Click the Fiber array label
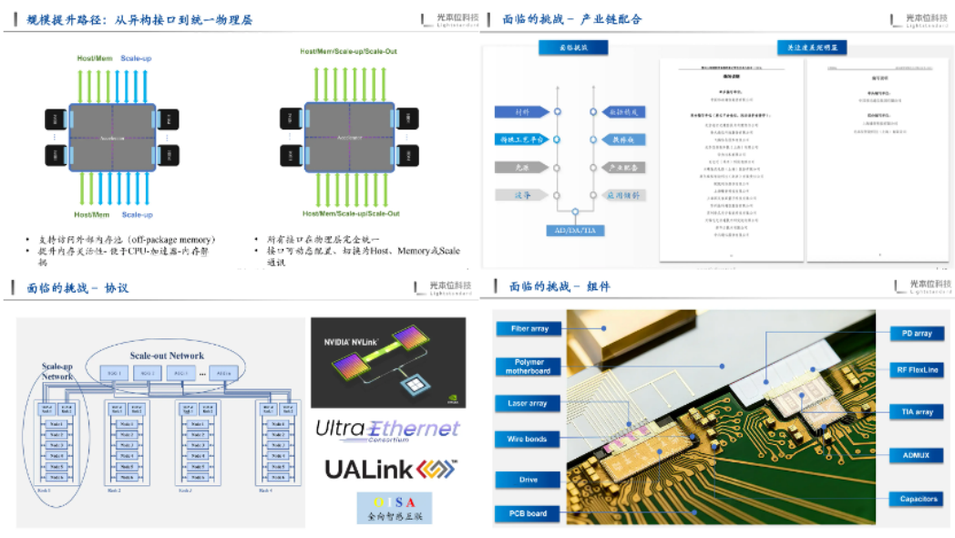529,329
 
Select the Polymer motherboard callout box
529,367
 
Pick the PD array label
917,334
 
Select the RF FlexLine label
918,369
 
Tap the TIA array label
918,412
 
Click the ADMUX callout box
918,454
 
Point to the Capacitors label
918,499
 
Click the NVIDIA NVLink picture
387,362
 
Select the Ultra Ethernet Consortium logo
387,429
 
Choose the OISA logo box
395,508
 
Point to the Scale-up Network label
57,371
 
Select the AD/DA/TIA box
575,231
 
